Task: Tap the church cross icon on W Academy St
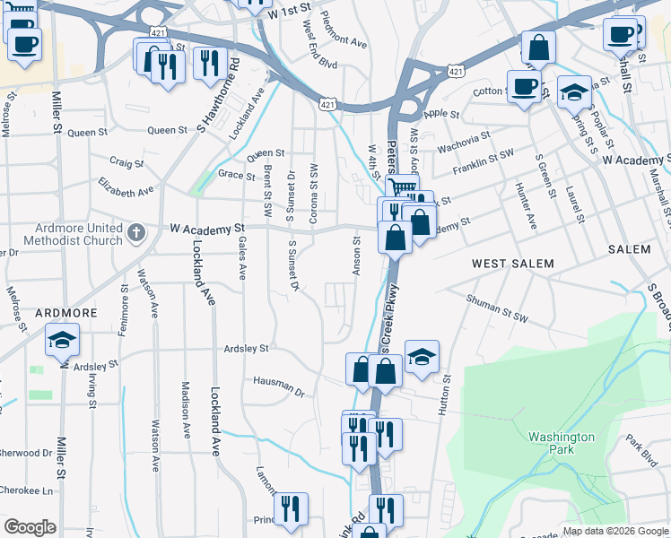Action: [x=136, y=233]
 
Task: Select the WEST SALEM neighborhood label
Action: [x=512, y=264]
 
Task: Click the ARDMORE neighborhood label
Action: [x=65, y=312]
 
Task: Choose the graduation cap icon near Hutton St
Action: [x=422, y=358]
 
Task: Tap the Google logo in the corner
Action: [x=30, y=527]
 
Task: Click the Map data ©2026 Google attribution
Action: [x=615, y=531]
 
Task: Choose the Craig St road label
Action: [x=126, y=163]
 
